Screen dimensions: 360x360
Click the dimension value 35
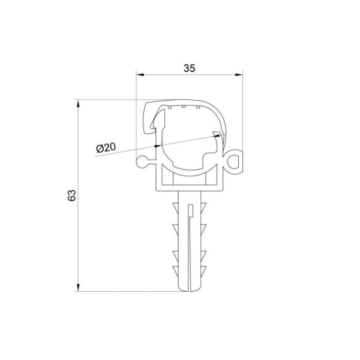[x=189, y=69]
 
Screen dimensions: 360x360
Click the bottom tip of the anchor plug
[x=189, y=290]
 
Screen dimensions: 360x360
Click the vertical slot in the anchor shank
[x=190, y=246]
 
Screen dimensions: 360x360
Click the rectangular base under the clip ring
[x=189, y=181]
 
